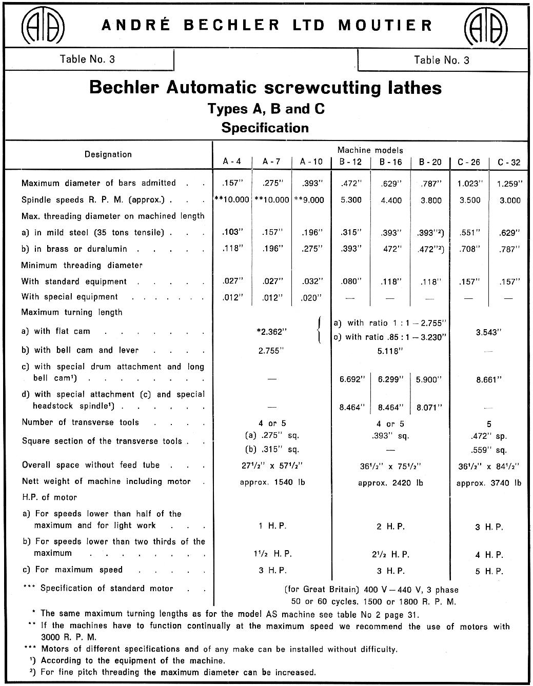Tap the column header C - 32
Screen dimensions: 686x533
(509, 163)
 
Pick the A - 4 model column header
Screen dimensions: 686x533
(232, 162)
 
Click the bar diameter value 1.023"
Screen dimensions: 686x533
(469, 184)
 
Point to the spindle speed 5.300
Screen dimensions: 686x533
(351, 200)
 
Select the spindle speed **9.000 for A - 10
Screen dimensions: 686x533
(309, 200)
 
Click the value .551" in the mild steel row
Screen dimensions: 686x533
(469, 233)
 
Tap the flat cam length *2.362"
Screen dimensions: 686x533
(271, 332)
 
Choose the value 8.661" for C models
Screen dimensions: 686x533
(488, 380)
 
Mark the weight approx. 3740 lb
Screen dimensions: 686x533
(488, 482)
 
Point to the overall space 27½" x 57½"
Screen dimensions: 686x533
(272, 466)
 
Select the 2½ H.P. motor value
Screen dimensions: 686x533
(390, 554)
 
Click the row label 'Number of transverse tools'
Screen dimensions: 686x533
(81, 422)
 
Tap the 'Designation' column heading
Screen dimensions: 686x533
(108, 154)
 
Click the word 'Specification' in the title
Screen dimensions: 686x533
(265, 128)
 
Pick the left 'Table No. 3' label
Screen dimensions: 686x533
(87, 59)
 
